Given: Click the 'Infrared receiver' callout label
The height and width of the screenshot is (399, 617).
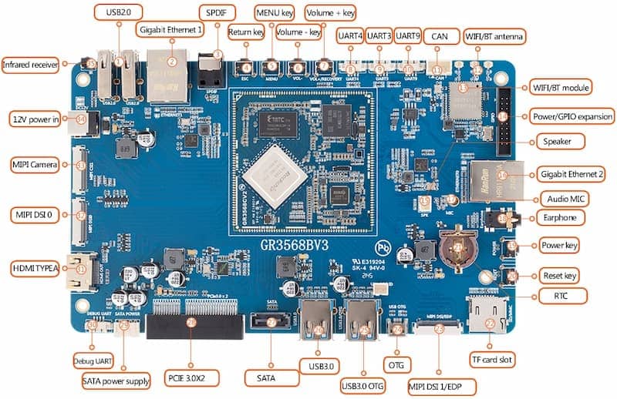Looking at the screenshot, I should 31,65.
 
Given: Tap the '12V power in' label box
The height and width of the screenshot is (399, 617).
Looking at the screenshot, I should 36,119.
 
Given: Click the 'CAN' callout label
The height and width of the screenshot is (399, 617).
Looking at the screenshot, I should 439,35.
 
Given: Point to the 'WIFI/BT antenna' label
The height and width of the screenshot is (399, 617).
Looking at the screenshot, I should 494,35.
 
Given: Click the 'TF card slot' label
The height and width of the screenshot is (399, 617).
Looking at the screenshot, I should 493,359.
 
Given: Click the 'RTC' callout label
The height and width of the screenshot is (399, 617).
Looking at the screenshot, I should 571,295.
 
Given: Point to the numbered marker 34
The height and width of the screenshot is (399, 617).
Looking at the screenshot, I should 82,119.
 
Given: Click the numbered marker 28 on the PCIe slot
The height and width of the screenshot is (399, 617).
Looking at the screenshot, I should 190,325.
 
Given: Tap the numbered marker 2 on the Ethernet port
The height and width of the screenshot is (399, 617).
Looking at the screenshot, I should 172,61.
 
